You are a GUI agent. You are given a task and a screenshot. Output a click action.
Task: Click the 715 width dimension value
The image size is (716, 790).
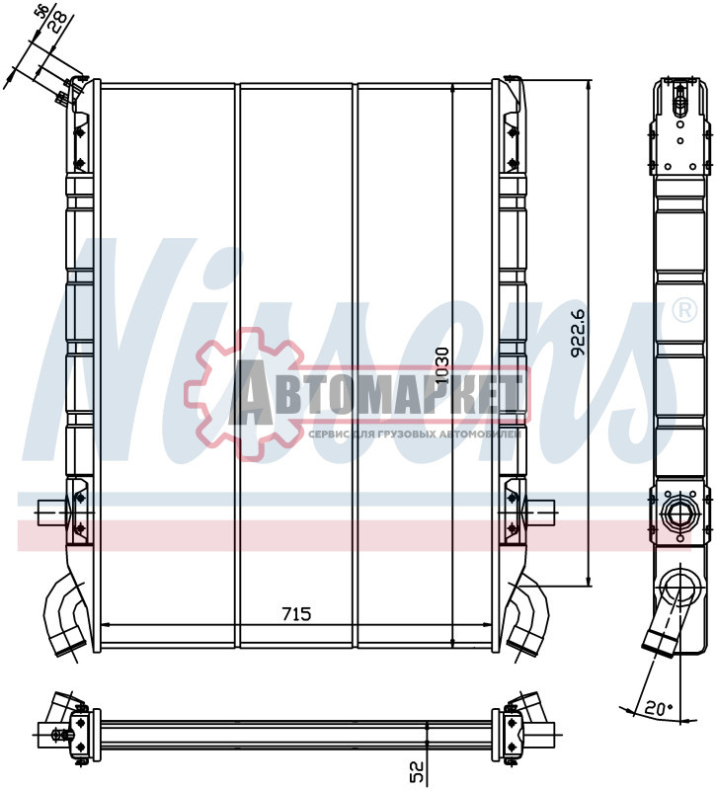[296, 614]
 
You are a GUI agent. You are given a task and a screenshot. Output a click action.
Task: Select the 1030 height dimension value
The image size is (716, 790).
[442, 366]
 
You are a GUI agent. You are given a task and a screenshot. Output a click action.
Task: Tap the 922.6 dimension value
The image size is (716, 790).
[580, 333]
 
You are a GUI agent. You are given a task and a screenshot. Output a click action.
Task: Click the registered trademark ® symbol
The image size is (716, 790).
[682, 311]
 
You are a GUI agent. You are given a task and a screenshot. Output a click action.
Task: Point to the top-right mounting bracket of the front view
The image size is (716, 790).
[511, 128]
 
